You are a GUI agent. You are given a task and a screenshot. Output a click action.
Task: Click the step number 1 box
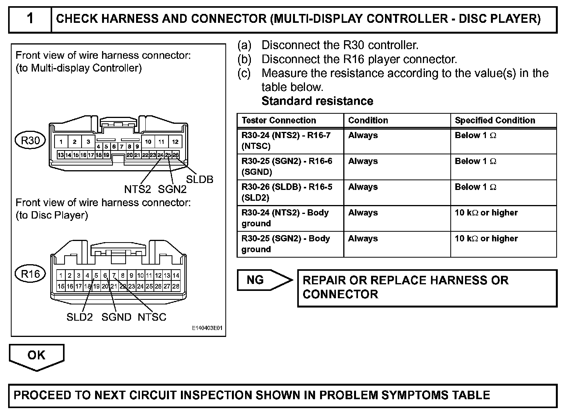[x=30, y=19]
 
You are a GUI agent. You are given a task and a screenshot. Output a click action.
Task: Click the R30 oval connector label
[x=30, y=140]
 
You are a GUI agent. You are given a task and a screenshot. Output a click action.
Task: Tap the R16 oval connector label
[x=30, y=274]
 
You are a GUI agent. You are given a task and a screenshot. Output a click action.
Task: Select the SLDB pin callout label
[x=199, y=179]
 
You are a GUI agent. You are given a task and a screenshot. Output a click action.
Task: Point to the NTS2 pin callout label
[x=137, y=189]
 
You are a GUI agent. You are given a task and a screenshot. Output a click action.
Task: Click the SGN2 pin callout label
[x=172, y=189]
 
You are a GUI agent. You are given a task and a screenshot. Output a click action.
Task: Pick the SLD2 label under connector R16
[x=80, y=317]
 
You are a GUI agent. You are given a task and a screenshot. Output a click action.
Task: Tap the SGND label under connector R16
[x=116, y=317]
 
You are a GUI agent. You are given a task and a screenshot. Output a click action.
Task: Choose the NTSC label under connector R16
[x=152, y=317]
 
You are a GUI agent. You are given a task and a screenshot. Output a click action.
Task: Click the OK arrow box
[x=36, y=355]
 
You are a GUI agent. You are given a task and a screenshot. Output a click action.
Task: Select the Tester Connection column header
[x=279, y=120]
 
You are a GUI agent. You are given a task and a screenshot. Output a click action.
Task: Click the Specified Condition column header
[x=495, y=120]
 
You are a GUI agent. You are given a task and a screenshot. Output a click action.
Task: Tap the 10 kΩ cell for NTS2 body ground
[x=486, y=213]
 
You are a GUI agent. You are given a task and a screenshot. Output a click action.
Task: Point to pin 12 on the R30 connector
[x=175, y=142]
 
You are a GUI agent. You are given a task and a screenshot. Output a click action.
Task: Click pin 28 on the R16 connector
[x=176, y=287]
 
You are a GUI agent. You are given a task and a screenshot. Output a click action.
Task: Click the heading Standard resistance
[x=317, y=101]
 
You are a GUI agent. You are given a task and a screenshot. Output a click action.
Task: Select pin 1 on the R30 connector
[x=61, y=142]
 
